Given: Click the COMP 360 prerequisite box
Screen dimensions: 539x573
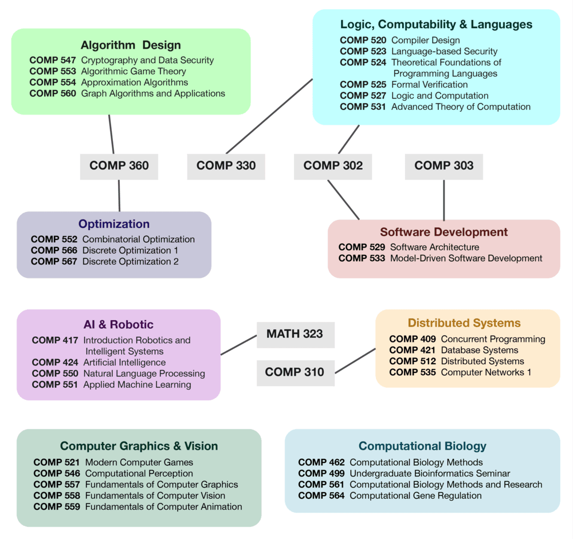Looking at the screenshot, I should (x=119, y=166).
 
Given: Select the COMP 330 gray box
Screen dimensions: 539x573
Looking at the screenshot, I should (x=226, y=166).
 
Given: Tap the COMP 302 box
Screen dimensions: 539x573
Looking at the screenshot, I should (x=333, y=166).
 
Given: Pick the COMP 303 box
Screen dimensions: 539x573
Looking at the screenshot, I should (x=444, y=166).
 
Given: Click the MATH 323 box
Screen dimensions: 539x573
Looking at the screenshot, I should (x=295, y=334).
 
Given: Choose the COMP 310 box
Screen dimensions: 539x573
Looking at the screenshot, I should (x=295, y=372).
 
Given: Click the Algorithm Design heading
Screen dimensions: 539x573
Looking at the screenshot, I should (x=131, y=45).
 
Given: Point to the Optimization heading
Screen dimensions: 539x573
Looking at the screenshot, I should (x=114, y=224).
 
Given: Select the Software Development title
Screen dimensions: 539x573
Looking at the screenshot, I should (x=444, y=232).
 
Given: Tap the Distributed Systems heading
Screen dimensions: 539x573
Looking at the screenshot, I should (x=464, y=323).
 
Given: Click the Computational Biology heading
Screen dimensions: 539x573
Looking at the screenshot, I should (x=422, y=446).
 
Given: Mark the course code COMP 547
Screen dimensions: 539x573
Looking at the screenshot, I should (x=53, y=60).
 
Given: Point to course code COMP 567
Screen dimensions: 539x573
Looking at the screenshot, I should (x=54, y=261).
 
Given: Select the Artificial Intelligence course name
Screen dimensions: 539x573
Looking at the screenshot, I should (x=124, y=363).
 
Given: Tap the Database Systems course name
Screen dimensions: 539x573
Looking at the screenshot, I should (x=479, y=350).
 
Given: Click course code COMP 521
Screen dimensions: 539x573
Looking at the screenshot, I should (x=57, y=462).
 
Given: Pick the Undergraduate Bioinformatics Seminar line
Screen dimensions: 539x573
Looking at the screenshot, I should (x=430, y=474).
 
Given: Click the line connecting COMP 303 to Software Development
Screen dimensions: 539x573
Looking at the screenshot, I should (x=444, y=200).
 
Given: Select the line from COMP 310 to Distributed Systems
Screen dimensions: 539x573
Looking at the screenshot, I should (x=355, y=360).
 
